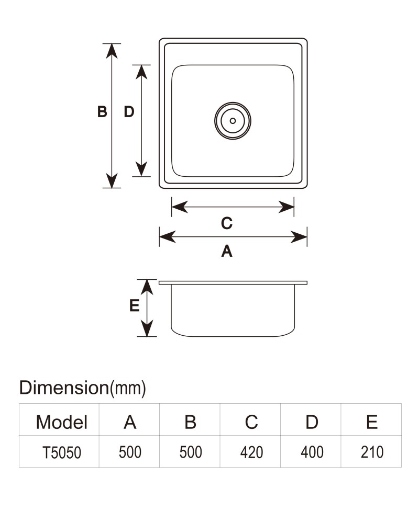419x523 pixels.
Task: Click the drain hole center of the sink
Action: coord(233,121)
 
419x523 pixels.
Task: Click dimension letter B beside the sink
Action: coord(102,111)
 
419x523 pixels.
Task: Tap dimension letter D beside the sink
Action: coord(129,111)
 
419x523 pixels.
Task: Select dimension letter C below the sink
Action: coord(227,223)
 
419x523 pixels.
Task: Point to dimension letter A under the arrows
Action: coord(227,251)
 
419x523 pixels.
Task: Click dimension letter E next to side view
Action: coord(134,305)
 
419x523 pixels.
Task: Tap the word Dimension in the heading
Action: coord(64,388)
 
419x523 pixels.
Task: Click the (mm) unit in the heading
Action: coord(128,388)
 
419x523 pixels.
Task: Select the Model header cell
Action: coord(61,422)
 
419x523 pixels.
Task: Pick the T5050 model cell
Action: coord(62,452)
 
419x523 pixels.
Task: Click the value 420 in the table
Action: coord(251,452)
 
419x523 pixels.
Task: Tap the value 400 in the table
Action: coord(312,452)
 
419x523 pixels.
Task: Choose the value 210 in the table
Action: coord(372,452)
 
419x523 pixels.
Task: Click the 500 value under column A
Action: coord(130,452)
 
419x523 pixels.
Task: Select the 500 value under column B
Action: coord(191,452)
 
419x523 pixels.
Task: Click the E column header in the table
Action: coord(372,422)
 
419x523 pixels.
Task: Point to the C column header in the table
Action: coord(251,422)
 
